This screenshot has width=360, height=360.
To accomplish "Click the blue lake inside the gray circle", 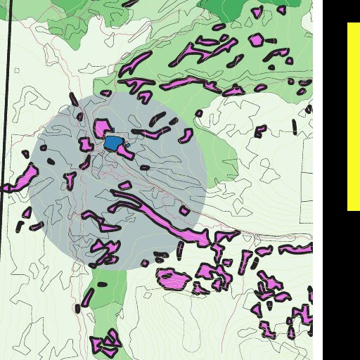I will tap(112, 143).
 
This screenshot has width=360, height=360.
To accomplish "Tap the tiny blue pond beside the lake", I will tap(128, 146).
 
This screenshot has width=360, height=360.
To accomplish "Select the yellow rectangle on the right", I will tap(354, 116).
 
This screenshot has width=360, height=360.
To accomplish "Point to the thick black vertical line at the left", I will tap(6, 91).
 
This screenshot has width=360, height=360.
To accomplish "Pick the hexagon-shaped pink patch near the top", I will tap(257, 39).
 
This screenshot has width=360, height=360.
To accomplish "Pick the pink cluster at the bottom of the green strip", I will tap(105, 343).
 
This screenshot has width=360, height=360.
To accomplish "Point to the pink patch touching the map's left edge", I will tap(21, 179).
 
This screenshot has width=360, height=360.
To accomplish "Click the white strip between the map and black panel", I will tap(318, 176).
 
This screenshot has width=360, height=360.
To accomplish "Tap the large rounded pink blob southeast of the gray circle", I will tap(173, 278).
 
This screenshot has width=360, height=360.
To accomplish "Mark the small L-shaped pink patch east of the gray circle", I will tap(261, 131).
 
